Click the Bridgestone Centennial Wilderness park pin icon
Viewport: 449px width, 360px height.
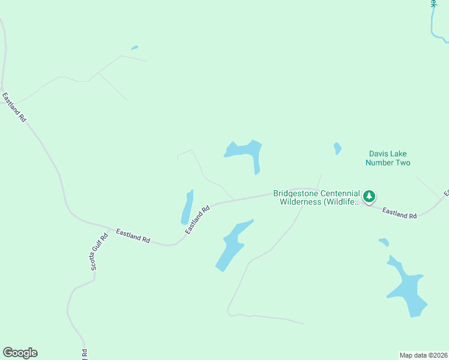click(369, 196)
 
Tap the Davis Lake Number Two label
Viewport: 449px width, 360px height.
click(388, 158)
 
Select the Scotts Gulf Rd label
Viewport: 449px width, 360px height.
click(100, 251)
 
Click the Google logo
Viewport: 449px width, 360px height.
click(20, 353)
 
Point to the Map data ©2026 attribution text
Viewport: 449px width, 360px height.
click(424, 355)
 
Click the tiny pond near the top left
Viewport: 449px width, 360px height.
click(134, 47)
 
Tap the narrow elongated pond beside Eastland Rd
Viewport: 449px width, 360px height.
click(187, 208)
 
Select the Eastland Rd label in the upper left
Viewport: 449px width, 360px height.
click(14, 107)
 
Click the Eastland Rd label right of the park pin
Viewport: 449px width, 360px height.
click(399, 213)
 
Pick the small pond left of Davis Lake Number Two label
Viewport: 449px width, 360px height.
click(337, 148)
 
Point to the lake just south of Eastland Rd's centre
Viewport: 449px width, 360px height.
click(232, 245)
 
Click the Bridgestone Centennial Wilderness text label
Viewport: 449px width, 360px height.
click(316, 197)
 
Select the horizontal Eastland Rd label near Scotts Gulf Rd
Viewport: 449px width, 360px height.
click(133, 235)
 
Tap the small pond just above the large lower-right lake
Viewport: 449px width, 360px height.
click(384, 242)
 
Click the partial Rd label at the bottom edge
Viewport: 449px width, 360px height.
click(85, 354)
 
